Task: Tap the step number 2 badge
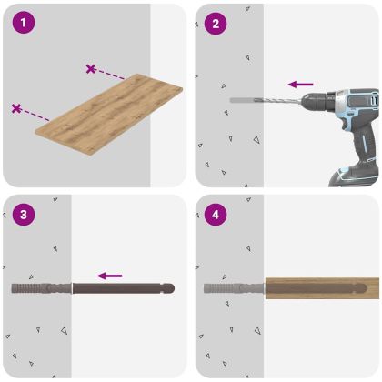click(215, 22)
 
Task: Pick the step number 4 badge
click(215, 216)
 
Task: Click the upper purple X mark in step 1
click(90, 69)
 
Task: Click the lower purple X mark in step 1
click(16, 108)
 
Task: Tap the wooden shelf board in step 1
click(109, 107)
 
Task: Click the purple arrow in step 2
click(300, 85)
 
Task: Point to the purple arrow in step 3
click(110, 275)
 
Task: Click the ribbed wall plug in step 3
click(40, 289)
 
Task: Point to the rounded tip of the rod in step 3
click(168, 289)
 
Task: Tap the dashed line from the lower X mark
click(36, 115)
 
